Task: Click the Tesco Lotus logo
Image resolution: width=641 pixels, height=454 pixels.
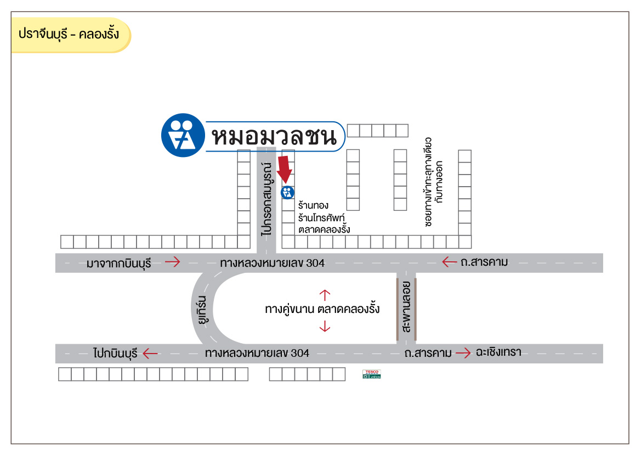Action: point(371,374)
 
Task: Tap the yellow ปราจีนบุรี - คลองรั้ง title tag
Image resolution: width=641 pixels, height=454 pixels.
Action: point(70,35)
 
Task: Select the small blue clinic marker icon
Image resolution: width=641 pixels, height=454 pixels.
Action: point(287,193)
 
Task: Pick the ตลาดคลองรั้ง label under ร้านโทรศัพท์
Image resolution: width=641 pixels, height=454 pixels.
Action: point(324,229)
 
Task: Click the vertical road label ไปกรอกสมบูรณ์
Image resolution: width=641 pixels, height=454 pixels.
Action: point(267,198)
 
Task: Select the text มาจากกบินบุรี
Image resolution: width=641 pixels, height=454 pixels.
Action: point(118,263)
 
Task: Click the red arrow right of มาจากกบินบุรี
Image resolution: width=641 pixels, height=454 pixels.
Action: point(172,262)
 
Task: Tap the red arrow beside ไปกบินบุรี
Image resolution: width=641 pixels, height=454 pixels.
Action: point(150,353)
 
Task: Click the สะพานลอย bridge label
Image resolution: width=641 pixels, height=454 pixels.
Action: point(406,309)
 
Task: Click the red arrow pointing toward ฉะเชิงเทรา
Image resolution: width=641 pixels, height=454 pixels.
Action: point(463,352)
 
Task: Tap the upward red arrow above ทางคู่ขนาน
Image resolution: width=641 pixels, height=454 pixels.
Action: point(324,295)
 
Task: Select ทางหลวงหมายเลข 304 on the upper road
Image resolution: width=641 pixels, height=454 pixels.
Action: point(272,264)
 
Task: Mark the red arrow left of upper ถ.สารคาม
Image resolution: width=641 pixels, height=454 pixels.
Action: point(450,262)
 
